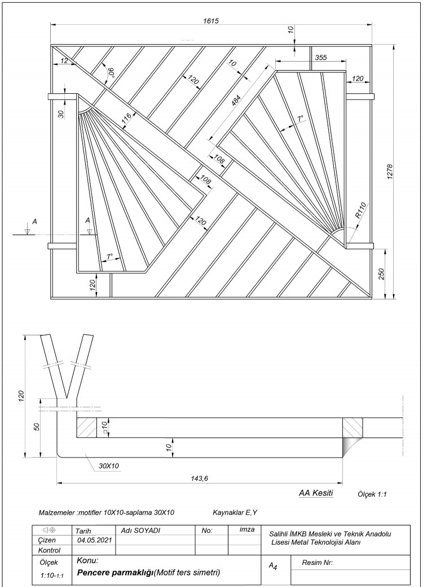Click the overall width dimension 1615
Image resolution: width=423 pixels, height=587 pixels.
coord(211,20)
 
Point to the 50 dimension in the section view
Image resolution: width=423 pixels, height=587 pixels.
coord(37,425)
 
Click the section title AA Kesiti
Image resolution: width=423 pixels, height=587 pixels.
coord(316,493)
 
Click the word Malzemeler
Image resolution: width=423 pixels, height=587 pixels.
coord(56,513)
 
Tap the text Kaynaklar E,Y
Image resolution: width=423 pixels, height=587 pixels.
coord(235,513)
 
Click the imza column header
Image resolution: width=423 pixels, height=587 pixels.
coord(243,530)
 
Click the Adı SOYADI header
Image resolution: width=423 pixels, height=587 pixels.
coord(140,531)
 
